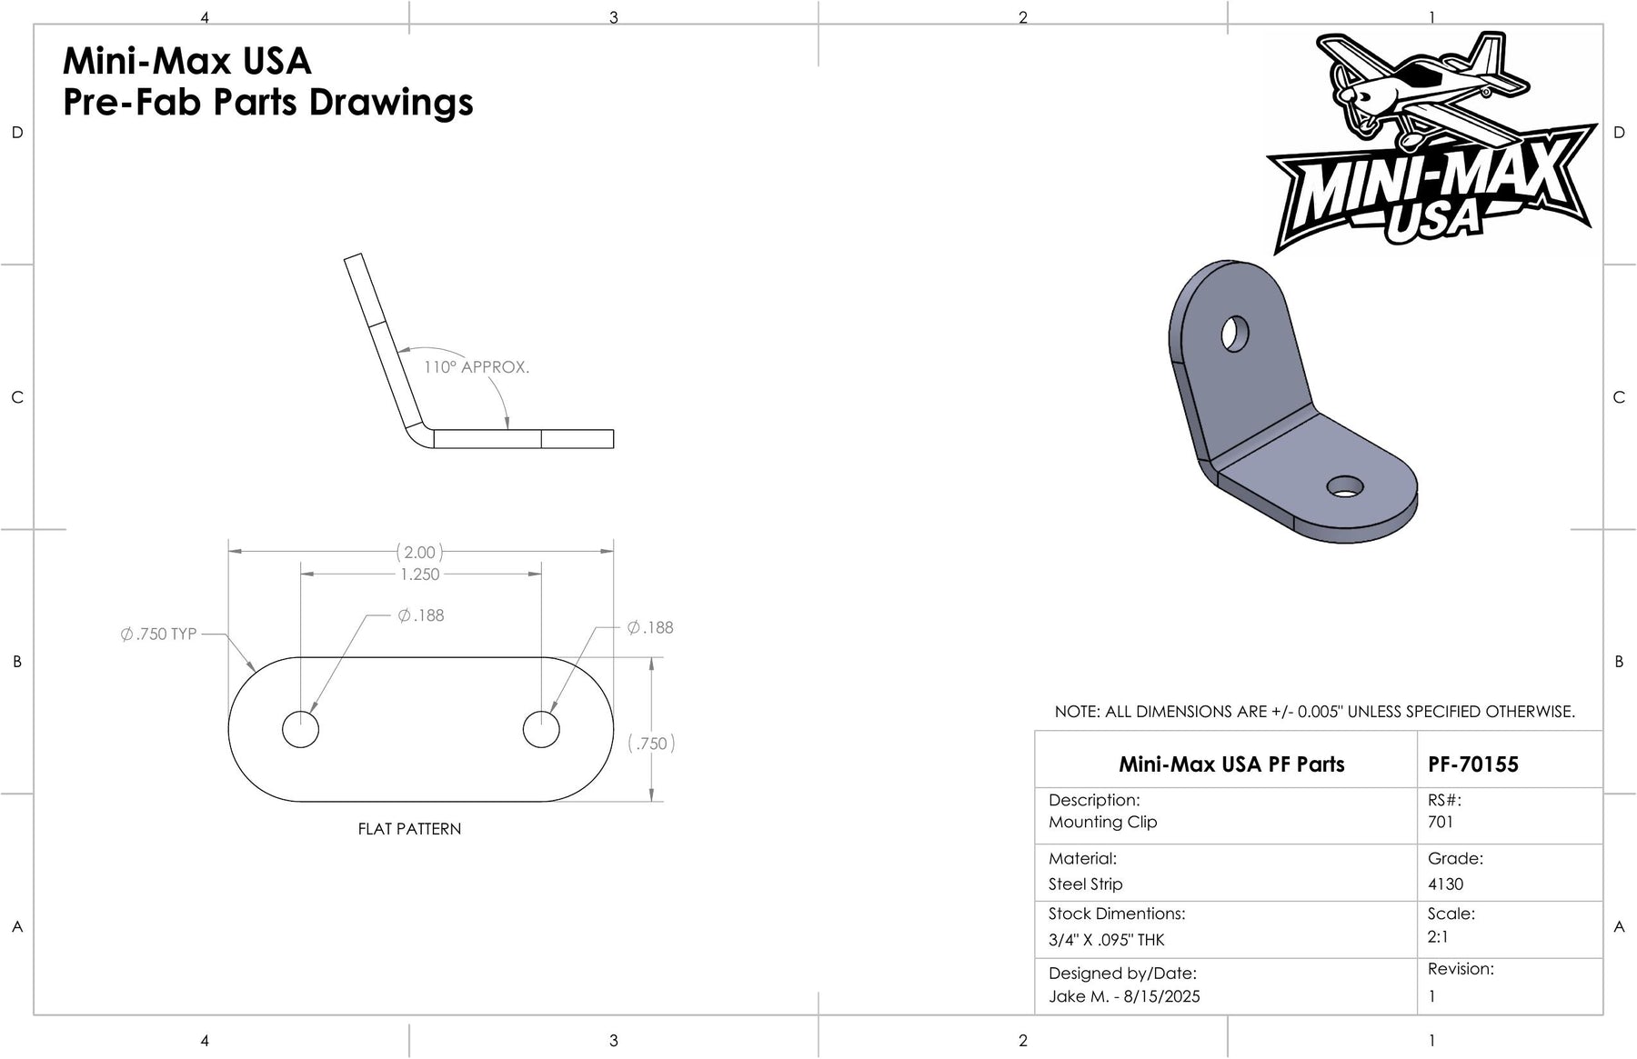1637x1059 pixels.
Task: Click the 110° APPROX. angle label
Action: (477, 367)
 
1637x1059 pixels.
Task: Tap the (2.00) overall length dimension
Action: (419, 552)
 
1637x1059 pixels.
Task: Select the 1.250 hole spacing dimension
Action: (419, 574)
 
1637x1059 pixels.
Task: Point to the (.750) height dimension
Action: (652, 744)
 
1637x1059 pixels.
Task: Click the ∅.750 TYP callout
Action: (158, 634)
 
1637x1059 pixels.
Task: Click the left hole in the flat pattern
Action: (300, 729)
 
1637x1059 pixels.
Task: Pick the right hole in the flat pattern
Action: (541, 729)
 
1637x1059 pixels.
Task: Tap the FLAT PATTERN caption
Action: (409, 829)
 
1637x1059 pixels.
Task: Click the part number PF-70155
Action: (1473, 764)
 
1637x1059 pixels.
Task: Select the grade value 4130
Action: (1446, 884)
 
